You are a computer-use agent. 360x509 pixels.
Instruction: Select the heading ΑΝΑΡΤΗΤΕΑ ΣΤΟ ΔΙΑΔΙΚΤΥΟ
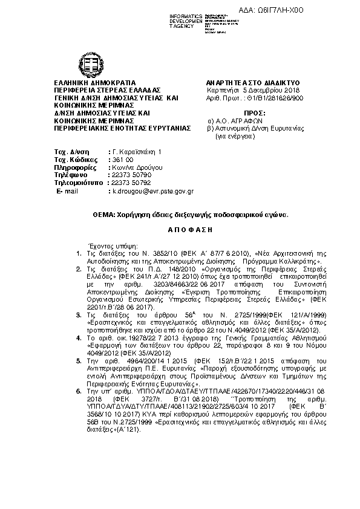pos(254,83)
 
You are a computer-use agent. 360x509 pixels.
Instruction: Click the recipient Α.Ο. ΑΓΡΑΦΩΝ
pos(244,120)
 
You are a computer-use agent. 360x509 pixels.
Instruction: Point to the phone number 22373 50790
pos(129,174)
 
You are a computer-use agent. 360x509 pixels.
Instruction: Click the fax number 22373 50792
pos(129,182)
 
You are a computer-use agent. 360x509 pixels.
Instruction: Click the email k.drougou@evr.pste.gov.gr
pos(152,190)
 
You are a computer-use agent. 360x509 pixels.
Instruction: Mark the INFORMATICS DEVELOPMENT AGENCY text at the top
pos(185,21)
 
